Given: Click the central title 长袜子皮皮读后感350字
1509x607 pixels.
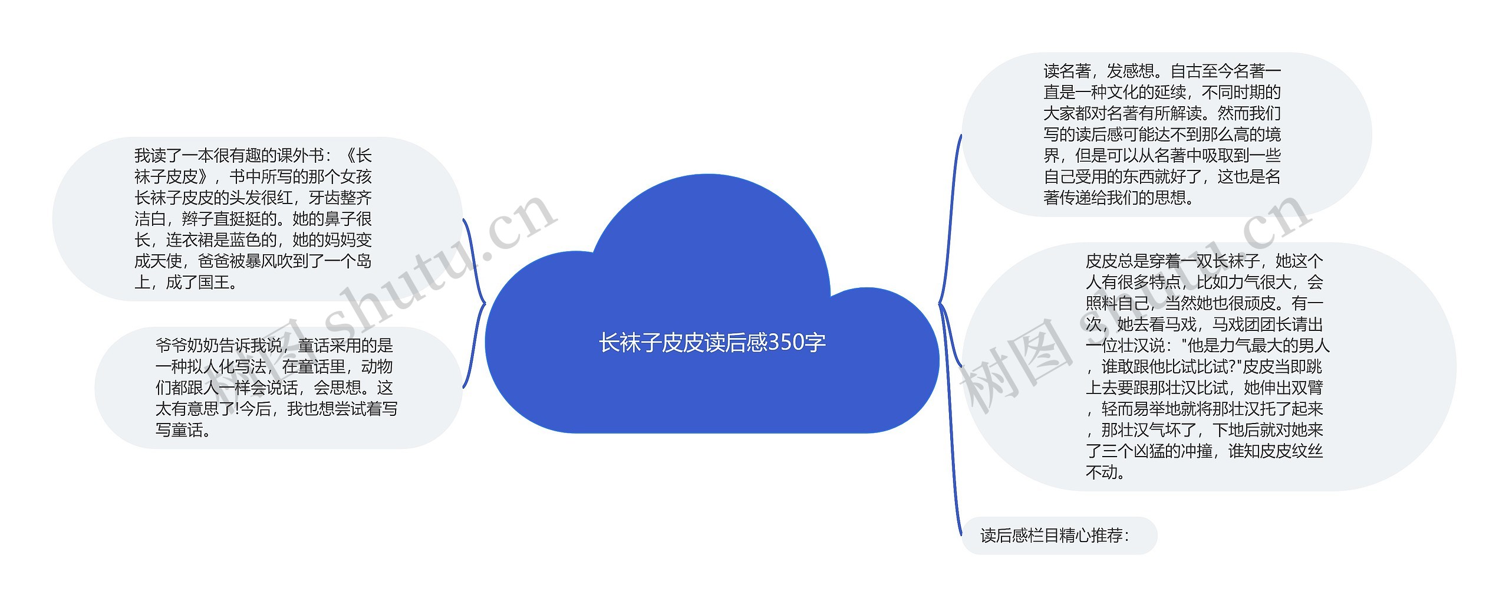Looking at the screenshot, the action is point(712,343).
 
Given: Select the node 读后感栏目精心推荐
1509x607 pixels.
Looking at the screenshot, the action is point(1054,536).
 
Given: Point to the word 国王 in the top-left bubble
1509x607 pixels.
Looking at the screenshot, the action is point(213,283).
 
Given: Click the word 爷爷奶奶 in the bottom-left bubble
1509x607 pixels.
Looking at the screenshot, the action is point(187,346).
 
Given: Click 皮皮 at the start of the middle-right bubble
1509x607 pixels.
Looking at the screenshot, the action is point(1101,261).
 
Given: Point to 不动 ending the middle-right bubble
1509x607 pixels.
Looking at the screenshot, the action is point(1101,473).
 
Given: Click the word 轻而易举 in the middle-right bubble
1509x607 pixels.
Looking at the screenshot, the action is point(1133,409).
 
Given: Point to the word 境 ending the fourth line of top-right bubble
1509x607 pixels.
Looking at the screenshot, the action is point(1273,134).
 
